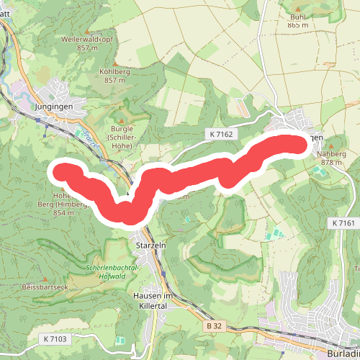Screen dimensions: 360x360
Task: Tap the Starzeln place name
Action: click(x=150, y=246)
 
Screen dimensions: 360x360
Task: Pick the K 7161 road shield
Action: click(x=344, y=224)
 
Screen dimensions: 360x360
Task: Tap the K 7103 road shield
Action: click(x=55, y=338)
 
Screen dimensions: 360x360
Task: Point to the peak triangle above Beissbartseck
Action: click(x=46, y=279)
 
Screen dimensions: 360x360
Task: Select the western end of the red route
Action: click(x=62, y=172)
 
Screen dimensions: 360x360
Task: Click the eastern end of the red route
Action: click(x=306, y=143)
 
